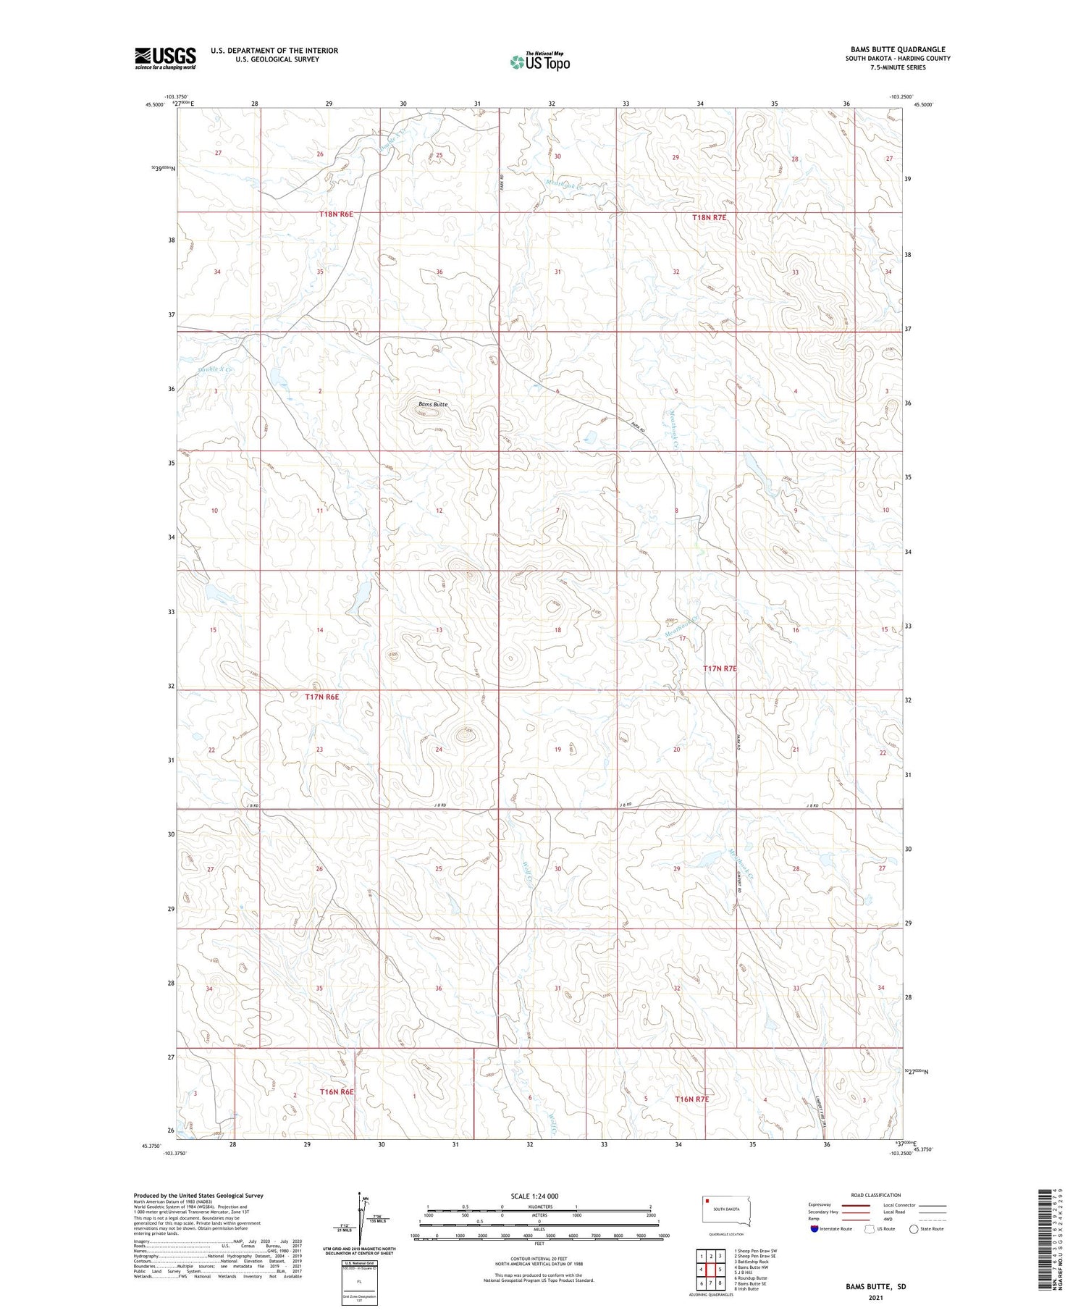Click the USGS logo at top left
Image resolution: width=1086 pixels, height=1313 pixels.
pyautogui.click(x=165, y=58)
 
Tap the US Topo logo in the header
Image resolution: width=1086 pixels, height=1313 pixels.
pyautogui.click(x=540, y=62)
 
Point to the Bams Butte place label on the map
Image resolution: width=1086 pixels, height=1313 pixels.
pyautogui.click(x=433, y=404)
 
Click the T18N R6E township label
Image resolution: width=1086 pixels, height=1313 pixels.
pyautogui.click(x=337, y=214)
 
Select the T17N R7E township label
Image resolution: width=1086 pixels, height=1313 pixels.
pyautogui.click(x=720, y=668)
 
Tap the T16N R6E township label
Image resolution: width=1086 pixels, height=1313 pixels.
pyautogui.click(x=337, y=1091)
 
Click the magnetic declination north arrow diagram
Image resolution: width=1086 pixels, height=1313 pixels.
pyautogui.click(x=358, y=1220)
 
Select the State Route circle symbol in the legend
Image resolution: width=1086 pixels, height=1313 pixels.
pyautogui.click(x=914, y=1229)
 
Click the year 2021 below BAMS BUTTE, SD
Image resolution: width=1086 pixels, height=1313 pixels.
pyautogui.click(x=875, y=1298)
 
